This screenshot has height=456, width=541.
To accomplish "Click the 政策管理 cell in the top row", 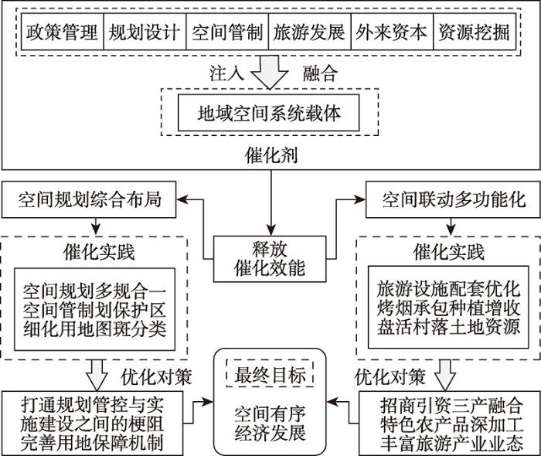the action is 63,32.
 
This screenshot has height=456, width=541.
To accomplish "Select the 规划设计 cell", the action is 145,32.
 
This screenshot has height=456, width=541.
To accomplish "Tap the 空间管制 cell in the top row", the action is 227,32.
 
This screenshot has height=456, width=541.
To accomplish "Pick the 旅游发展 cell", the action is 310,32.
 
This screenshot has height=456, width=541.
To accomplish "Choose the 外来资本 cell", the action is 393,32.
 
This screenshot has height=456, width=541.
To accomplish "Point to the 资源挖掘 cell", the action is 475,32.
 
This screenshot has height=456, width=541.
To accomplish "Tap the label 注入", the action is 226,73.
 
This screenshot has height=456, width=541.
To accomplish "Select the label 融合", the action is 321,73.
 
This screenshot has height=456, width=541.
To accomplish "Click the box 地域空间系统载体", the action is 269,113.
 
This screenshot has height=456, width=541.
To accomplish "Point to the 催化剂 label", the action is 271,155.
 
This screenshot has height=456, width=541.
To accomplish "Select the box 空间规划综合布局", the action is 89,199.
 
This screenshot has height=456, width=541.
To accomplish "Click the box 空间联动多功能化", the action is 453,199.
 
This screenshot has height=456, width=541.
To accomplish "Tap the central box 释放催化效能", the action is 270,259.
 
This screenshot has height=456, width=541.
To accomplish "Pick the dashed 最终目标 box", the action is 270,374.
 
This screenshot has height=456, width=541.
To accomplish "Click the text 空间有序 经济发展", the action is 270,424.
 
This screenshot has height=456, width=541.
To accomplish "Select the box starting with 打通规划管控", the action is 93,424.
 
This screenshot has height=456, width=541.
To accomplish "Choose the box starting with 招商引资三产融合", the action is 450,424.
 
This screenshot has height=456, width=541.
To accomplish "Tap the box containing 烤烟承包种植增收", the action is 448,307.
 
